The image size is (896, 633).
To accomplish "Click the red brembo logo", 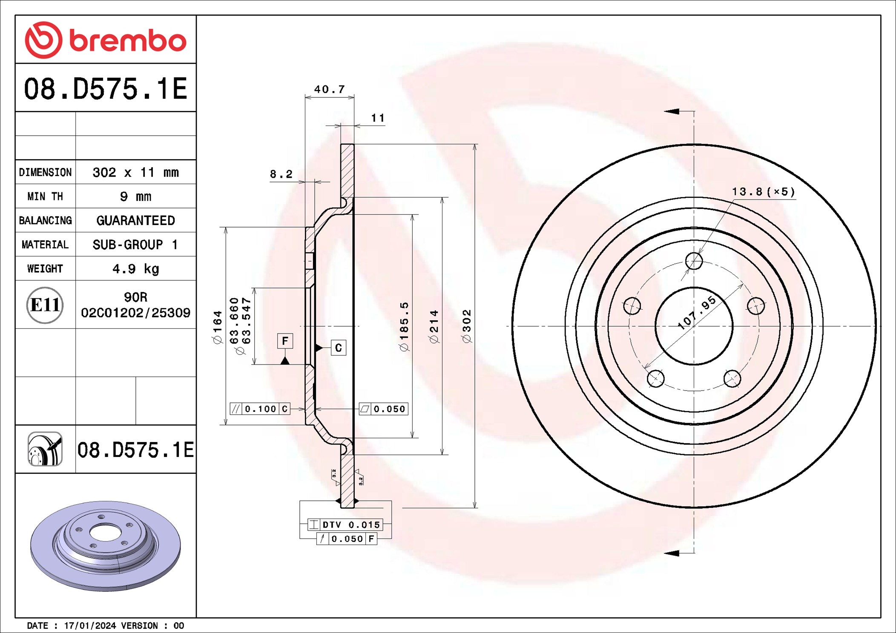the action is pos(106,40).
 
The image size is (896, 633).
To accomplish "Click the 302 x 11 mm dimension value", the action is pos(135,172).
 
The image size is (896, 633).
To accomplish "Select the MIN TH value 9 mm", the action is pos(135,197).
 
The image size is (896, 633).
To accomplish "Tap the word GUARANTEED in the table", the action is pos(135,220).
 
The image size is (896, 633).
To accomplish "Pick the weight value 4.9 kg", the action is pos(135,269).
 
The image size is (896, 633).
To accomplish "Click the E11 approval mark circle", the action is pos(45,305).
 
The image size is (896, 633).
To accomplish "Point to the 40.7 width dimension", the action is pos(329,89).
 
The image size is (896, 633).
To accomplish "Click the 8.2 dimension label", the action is pos(281,174).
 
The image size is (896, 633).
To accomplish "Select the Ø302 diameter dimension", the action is pos(467,326).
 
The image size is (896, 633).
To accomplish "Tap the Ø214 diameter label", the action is pos(434,326).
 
